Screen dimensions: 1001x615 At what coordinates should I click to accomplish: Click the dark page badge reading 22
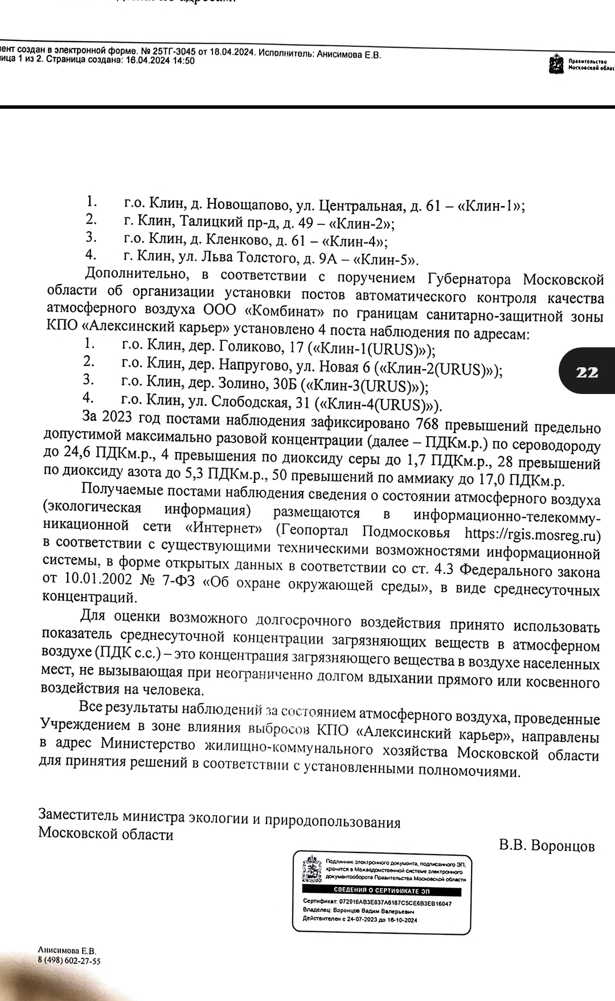click(x=587, y=372)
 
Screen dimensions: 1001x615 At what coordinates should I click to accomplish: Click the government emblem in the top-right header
click(x=553, y=64)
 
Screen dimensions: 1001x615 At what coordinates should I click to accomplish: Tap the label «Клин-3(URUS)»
click(x=364, y=387)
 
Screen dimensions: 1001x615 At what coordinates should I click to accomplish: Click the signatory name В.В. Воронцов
click(x=547, y=846)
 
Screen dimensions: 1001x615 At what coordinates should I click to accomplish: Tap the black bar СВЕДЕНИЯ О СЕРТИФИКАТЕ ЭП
click(x=382, y=891)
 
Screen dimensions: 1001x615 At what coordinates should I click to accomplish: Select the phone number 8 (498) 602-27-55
click(x=69, y=961)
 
